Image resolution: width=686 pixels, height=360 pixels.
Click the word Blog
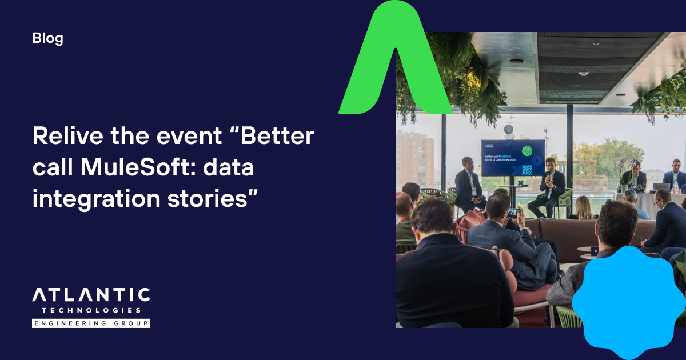tap(48, 39)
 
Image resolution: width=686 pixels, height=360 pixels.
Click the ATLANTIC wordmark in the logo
tap(91, 295)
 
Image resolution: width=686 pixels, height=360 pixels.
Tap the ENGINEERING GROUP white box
tap(91, 323)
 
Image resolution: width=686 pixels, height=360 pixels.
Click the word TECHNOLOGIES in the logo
tap(91, 310)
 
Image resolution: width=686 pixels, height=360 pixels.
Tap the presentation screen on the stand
tap(513, 157)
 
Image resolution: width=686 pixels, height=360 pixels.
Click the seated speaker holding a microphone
tap(549, 186)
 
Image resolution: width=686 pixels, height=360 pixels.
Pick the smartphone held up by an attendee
tap(513, 213)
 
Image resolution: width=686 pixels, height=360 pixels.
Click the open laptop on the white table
tap(661, 187)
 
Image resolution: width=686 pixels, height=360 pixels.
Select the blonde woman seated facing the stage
tap(583, 208)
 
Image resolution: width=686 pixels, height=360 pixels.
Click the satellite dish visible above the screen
tap(508, 130)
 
